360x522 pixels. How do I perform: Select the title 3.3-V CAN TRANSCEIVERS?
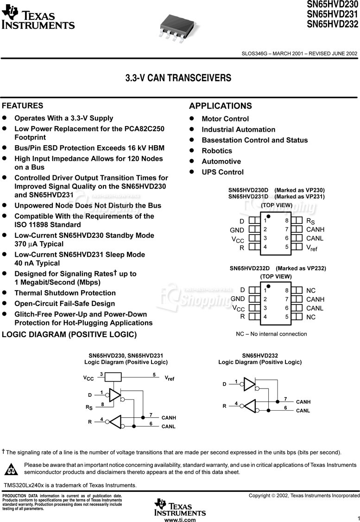[x=178, y=78]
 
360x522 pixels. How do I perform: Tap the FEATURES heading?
[x=23, y=106]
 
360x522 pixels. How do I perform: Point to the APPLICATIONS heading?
[x=221, y=106]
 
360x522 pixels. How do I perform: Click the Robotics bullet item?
[x=217, y=151]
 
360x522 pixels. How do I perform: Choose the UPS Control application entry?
[x=222, y=172]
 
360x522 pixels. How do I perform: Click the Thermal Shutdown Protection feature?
[x=65, y=293]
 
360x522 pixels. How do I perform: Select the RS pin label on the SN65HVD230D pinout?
[x=310, y=221]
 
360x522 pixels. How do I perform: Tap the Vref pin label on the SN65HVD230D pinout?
[x=312, y=248]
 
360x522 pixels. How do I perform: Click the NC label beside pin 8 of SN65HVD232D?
[x=311, y=291]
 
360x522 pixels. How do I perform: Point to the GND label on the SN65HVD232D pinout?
[x=238, y=299]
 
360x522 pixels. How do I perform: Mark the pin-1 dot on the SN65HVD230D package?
[x=268, y=216]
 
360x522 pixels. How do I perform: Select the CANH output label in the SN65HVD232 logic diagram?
[x=303, y=402]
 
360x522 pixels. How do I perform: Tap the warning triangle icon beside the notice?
[x=11, y=469]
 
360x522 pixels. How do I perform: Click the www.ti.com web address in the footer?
[x=180, y=520]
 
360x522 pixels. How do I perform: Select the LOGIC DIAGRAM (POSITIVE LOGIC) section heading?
[x=69, y=335]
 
